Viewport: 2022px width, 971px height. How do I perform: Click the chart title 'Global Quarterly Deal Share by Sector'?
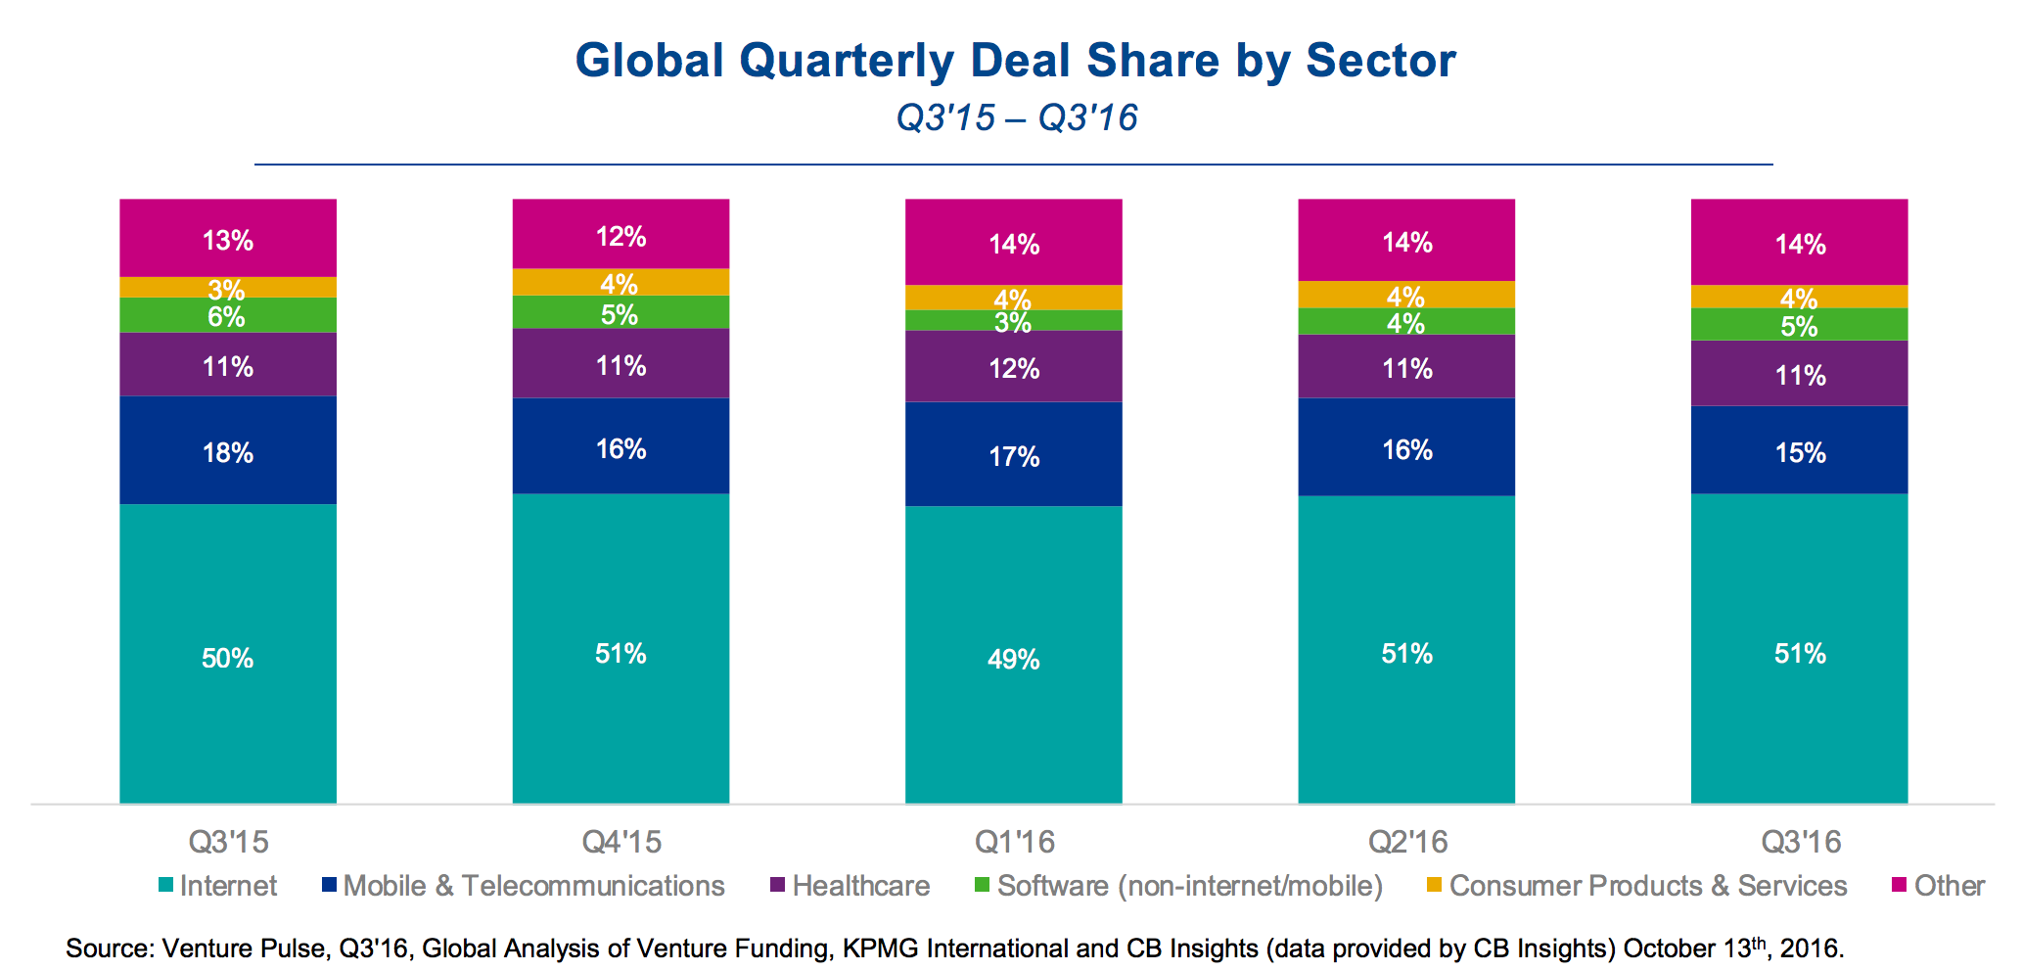[x=1015, y=61]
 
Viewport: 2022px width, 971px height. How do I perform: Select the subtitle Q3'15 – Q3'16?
[x=1017, y=118]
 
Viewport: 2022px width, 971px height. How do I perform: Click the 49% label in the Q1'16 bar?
[x=1013, y=660]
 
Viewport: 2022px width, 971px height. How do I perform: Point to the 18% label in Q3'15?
[x=228, y=453]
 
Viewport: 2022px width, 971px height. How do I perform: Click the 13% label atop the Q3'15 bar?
[x=228, y=241]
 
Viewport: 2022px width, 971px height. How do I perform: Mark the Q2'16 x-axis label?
[x=1406, y=842]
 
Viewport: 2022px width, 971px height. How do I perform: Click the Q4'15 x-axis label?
[x=621, y=842]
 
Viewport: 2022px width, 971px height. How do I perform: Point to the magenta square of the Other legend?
[x=1899, y=885]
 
